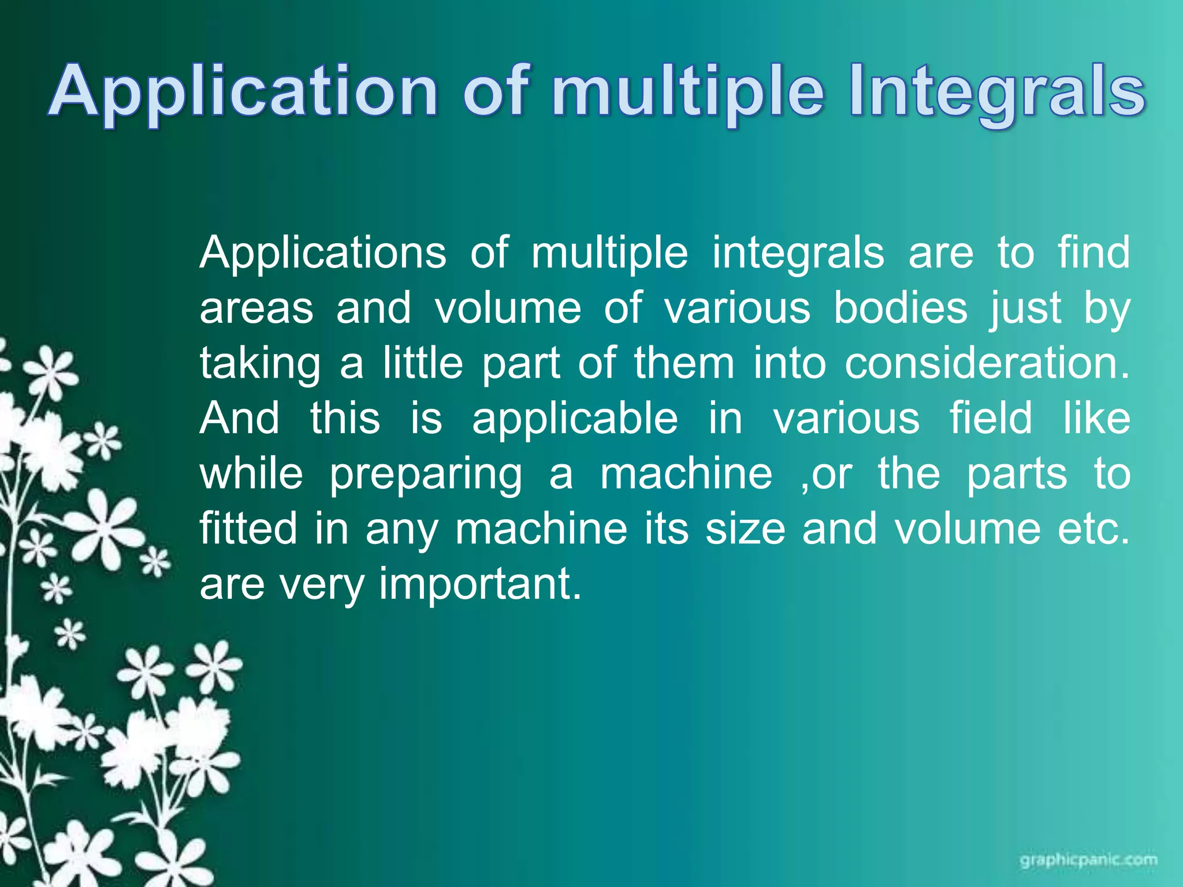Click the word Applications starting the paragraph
(323, 253)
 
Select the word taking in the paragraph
(260, 364)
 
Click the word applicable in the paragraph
(575, 419)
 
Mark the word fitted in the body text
(248, 528)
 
